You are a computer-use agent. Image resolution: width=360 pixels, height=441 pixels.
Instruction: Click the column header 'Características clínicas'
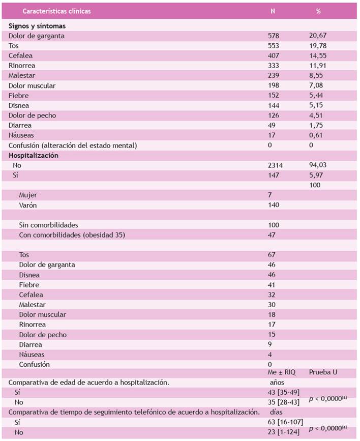56,11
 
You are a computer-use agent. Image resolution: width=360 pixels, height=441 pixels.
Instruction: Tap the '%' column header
318,11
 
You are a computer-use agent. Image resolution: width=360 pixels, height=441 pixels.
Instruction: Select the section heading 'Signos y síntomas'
36,26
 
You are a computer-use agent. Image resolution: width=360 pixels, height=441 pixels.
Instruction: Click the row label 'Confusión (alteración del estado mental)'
73,145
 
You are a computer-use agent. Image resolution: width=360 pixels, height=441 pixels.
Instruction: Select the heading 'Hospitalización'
33,156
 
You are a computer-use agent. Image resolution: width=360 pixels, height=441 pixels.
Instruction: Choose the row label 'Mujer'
28,195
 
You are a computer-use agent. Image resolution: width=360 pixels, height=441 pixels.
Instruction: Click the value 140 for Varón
274,205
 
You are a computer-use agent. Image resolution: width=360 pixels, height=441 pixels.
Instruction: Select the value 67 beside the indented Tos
272,255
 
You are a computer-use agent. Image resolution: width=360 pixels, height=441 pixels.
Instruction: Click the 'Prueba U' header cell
323,373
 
